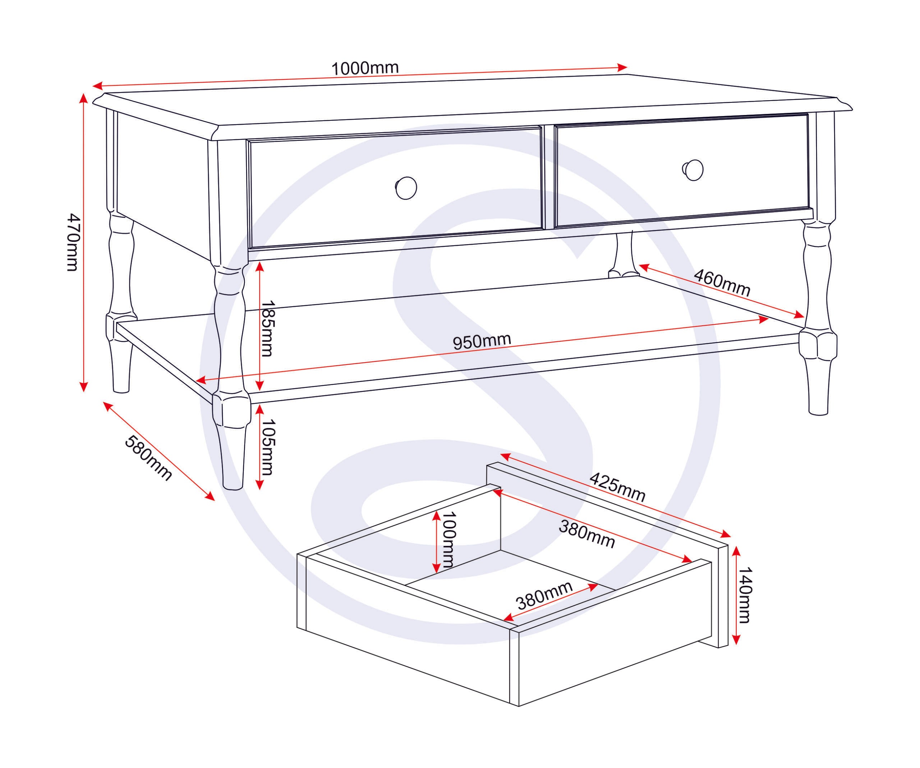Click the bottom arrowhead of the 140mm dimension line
point(736,639)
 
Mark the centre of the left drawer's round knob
point(406,188)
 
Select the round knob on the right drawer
point(693,170)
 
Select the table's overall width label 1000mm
point(365,68)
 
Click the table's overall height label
point(73,242)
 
